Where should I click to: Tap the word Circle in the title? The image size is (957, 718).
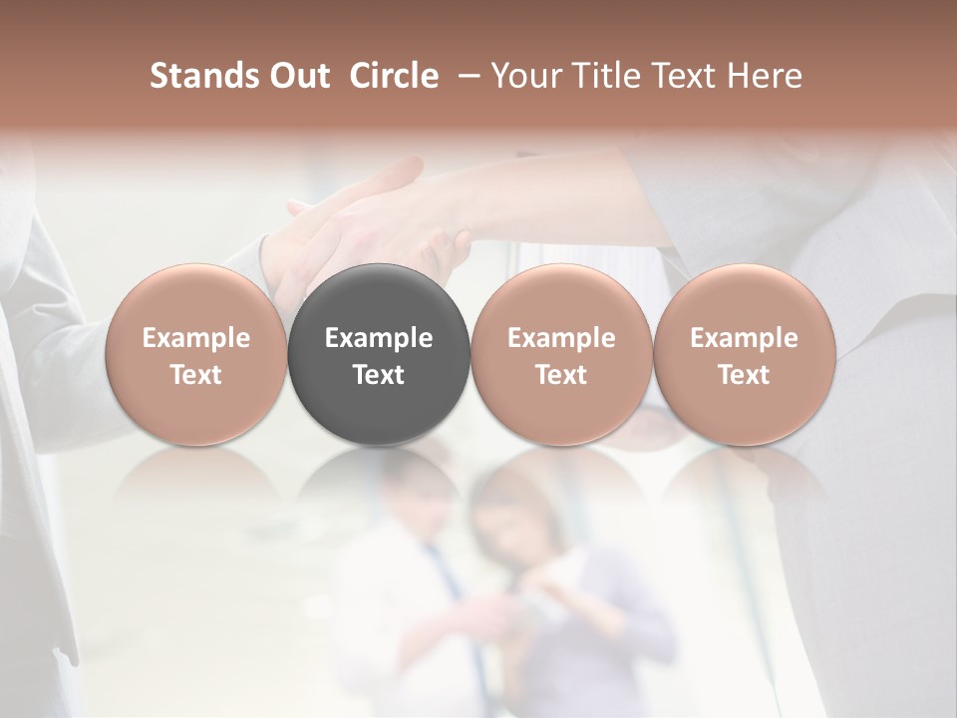point(394,76)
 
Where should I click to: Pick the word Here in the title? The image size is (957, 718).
point(765,76)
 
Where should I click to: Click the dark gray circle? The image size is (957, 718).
point(379,354)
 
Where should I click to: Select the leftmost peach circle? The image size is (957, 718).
point(195,354)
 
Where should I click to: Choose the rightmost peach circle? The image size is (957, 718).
point(744,354)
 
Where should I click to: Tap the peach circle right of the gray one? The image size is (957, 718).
point(561,354)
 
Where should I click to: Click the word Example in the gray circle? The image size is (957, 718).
point(379,338)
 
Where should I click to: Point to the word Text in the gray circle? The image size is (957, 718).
point(379,375)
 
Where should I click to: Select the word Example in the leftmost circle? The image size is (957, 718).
point(195,338)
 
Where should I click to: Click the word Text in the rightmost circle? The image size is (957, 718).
point(744,375)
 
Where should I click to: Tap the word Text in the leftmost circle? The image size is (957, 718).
point(195,375)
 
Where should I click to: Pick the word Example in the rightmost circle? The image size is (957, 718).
point(744,338)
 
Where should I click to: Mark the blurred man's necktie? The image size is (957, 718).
point(445,578)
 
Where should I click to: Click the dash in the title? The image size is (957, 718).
point(465,77)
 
